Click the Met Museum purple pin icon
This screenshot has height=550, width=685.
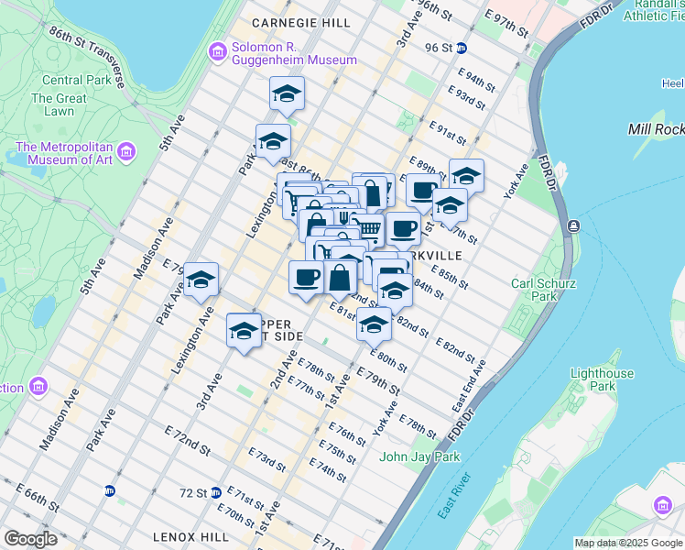click(126, 150)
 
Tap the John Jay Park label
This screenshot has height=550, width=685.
click(419, 456)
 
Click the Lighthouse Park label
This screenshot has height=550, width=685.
click(602, 379)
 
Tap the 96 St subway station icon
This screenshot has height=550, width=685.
click(462, 48)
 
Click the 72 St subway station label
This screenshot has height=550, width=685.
click(193, 492)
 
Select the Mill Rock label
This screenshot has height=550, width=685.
click(656, 129)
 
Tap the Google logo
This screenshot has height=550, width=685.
click(30, 539)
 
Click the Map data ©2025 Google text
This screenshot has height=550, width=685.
click(628, 543)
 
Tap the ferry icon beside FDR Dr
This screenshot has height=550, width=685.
click(573, 225)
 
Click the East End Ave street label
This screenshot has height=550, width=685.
click(470, 388)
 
